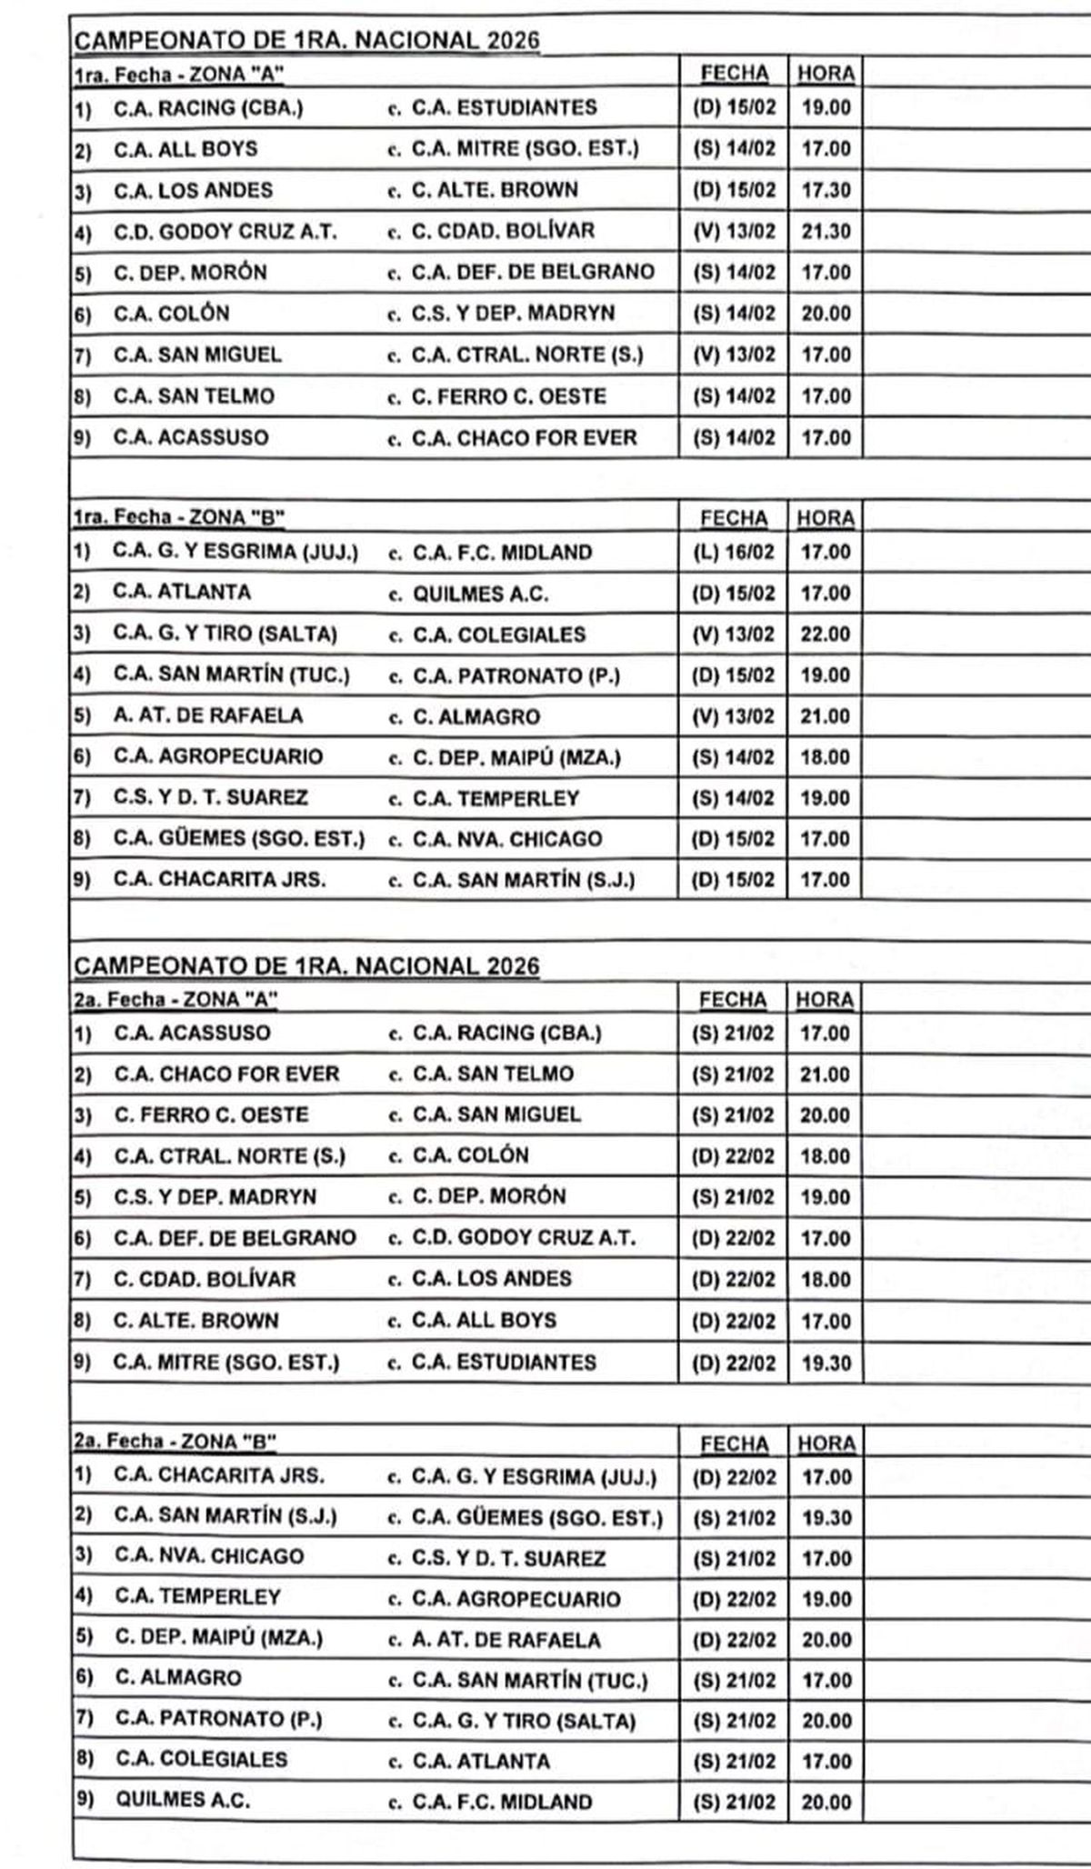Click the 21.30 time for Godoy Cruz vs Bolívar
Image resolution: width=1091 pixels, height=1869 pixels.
[826, 231]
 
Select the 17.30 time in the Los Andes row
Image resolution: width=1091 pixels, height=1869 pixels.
[826, 190]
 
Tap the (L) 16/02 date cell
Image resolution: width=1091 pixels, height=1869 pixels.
[734, 552]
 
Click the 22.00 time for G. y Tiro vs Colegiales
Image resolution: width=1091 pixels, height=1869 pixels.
[826, 634]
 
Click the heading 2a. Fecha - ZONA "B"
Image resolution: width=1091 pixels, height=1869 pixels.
[174, 1442]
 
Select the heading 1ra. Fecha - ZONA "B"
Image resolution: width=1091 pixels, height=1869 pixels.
[179, 518]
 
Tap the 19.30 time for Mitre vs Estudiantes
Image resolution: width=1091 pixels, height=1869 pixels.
[826, 1363]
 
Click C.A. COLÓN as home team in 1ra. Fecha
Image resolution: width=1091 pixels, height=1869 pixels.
[171, 314]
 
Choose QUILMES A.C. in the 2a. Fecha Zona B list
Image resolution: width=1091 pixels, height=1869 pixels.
[182, 1800]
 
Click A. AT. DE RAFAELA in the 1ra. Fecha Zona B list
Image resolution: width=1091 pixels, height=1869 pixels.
[207, 715]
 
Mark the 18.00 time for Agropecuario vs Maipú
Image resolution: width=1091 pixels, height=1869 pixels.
[826, 756]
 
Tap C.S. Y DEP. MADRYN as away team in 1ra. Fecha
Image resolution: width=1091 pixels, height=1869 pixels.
[513, 314]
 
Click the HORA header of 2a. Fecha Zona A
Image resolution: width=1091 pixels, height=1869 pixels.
[825, 1000]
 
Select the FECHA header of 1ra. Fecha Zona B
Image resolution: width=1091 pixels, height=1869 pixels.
[734, 518]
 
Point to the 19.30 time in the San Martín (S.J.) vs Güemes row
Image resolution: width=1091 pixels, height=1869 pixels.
[826, 1517]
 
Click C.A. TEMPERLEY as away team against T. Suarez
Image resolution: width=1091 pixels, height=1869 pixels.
[495, 798]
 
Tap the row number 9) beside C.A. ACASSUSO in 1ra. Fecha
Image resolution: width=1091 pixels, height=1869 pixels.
[83, 438]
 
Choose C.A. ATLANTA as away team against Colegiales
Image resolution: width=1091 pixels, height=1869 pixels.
[481, 1761]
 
